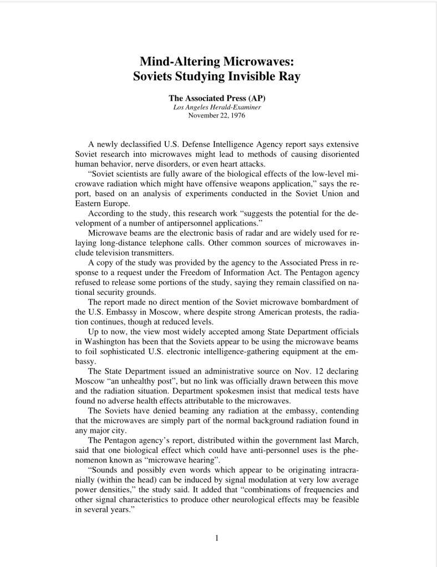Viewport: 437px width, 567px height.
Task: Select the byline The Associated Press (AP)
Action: pos(217,98)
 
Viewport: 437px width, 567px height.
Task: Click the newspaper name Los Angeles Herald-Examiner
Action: pos(217,107)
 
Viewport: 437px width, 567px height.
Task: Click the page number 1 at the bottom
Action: pos(217,537)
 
